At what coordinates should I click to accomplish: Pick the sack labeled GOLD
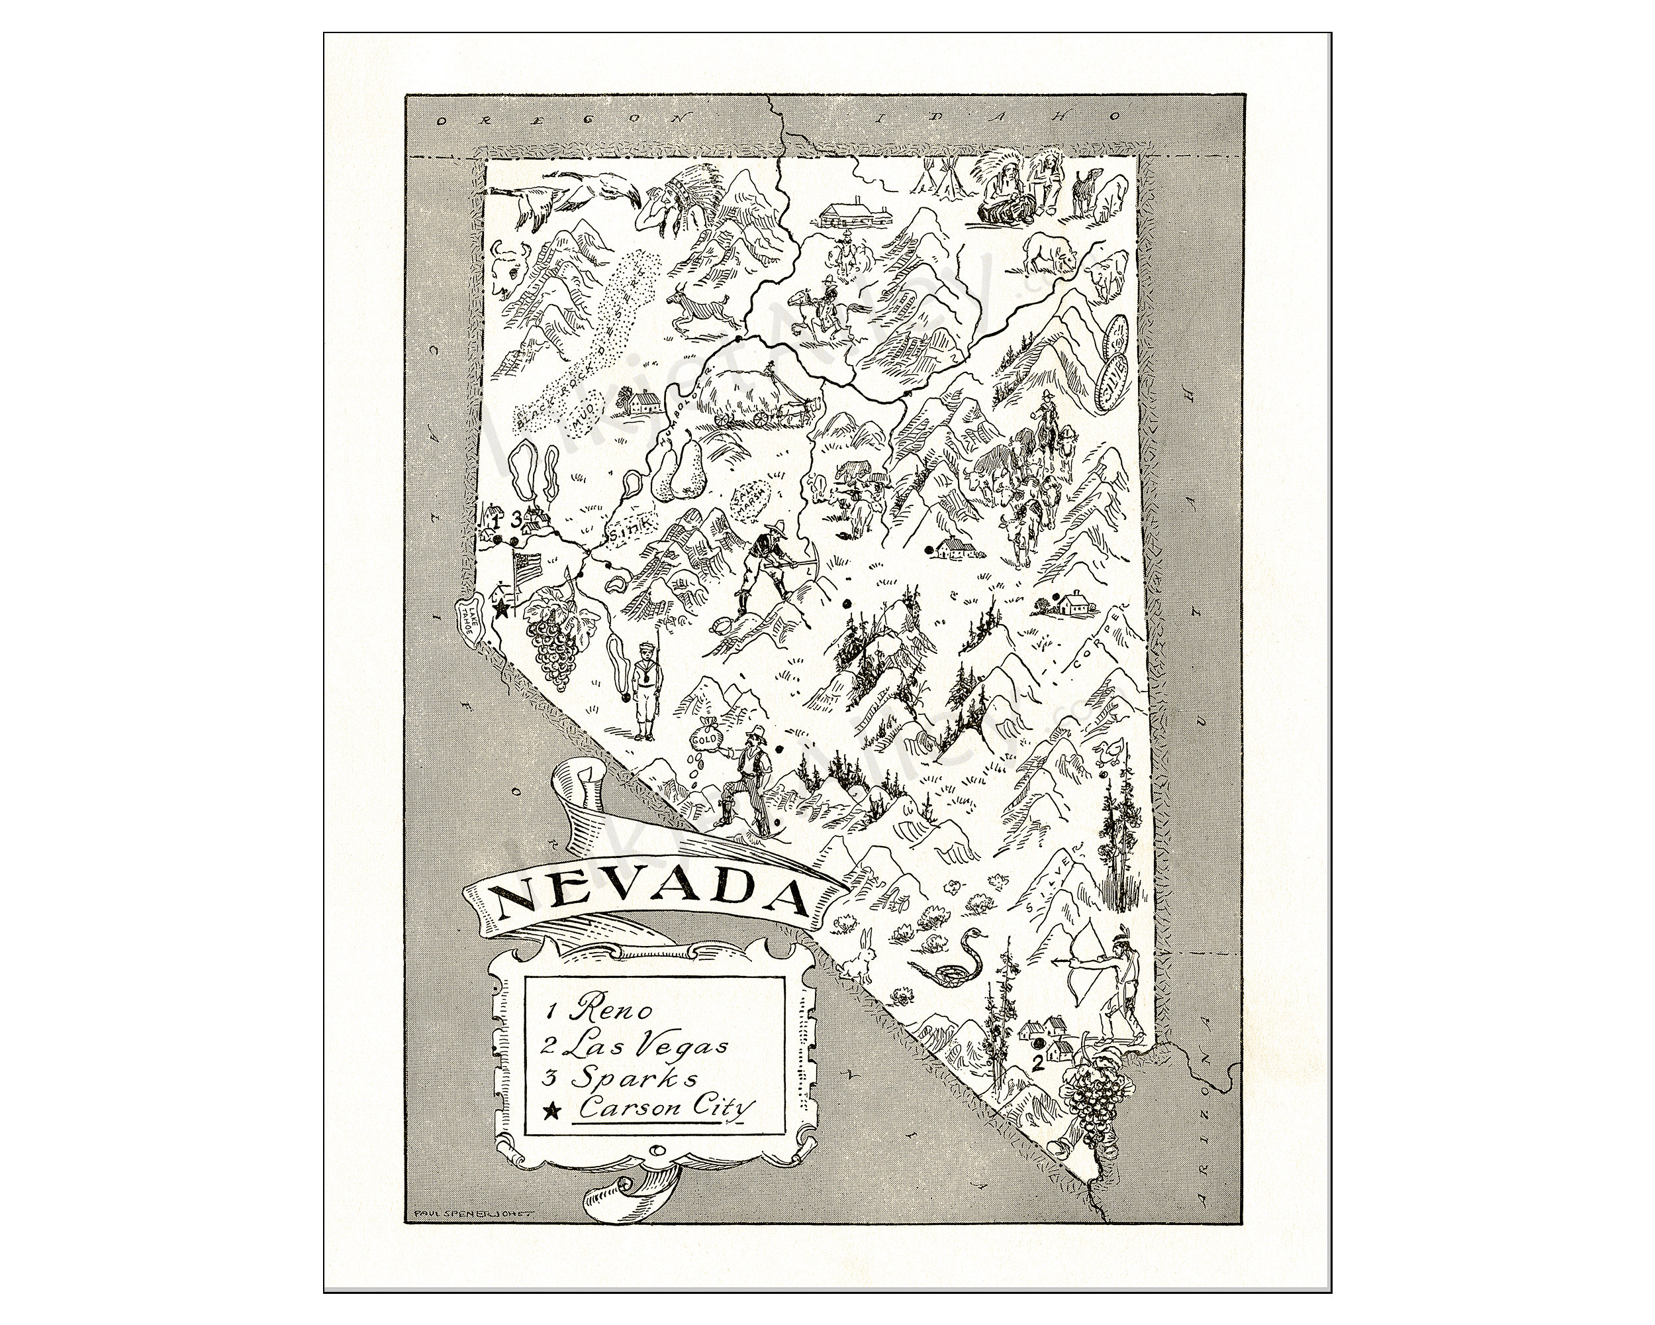pos(707,737)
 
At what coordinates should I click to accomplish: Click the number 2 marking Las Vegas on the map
pos(1038,1064)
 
